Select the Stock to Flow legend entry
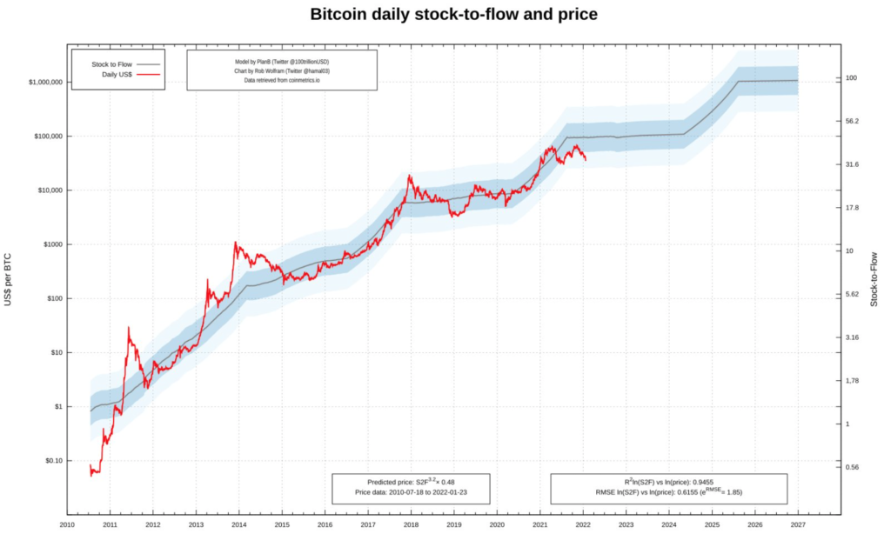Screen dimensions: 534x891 click(x=112, y=63)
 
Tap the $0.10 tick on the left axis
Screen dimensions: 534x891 click(x=48, y=460)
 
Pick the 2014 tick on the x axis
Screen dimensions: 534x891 click(x=239, y=525)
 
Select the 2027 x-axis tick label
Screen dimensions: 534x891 click(x=797, y=525)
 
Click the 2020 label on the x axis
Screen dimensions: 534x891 click(x=496, y=525)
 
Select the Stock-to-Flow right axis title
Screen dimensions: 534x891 click(x=875, y=277)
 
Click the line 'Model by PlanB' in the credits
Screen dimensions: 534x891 click(x=282, y=61)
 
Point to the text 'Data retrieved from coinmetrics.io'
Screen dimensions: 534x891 click(x=282, y=80)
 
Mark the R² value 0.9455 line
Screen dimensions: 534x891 click(x=669, y=482)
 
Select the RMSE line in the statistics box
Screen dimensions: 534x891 click(x=669, y=492)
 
